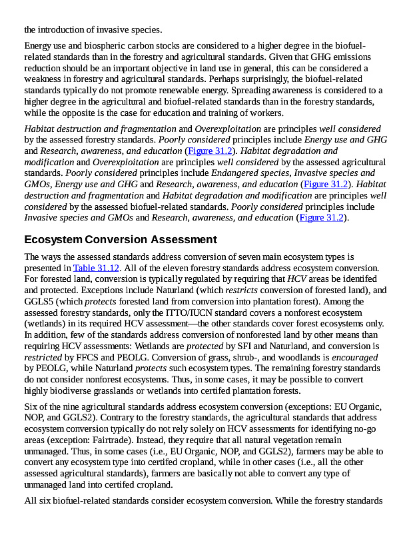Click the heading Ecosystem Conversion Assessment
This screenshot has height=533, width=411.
[x=121, y=239]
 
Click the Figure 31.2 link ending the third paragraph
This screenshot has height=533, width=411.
[x=321, y=217]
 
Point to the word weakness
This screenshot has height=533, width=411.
[x=45, y=79]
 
